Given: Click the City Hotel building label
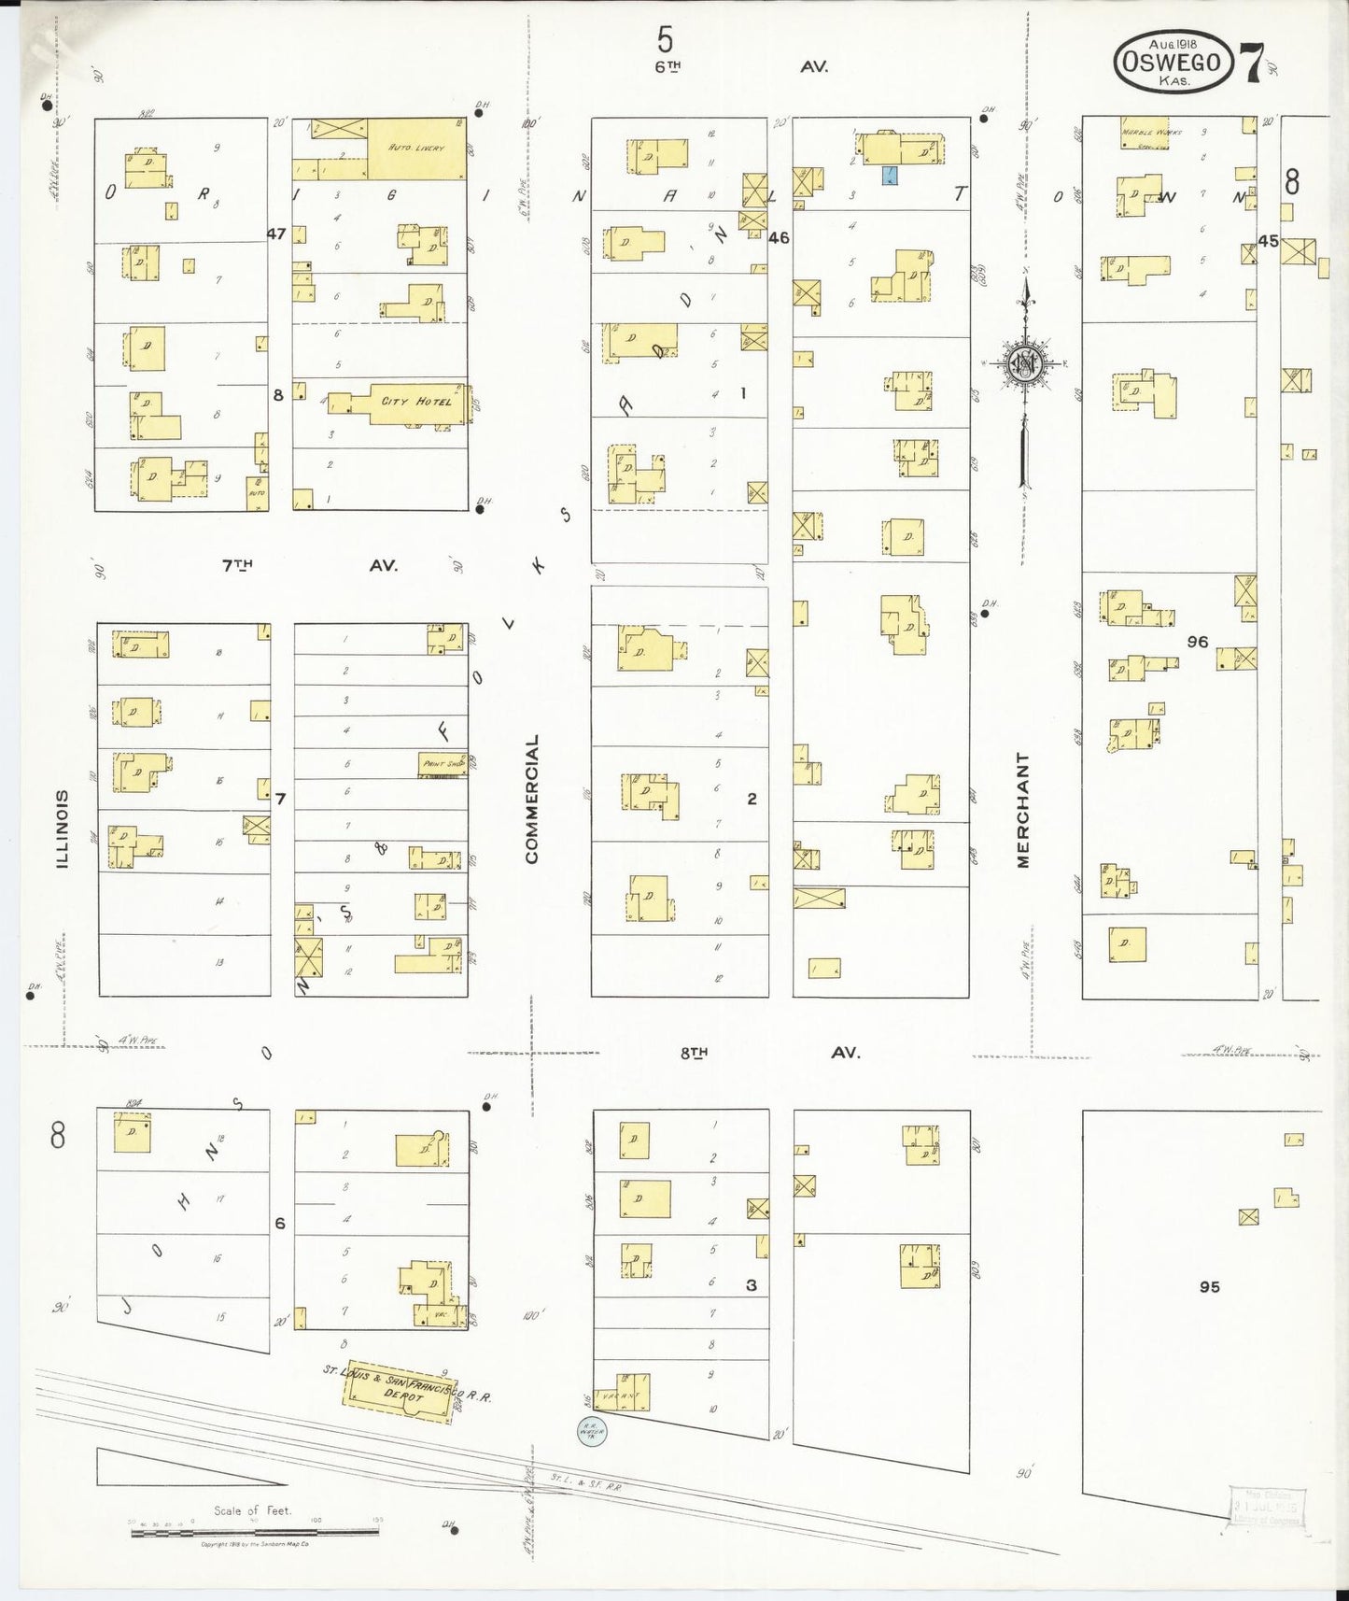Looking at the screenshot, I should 416,402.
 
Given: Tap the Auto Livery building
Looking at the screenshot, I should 415,149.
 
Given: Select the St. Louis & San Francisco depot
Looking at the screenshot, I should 400,1397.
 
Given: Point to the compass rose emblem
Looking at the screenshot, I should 1024,364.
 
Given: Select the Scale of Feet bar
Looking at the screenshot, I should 255,1533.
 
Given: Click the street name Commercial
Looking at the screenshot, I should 531,799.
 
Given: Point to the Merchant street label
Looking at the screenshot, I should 1023,811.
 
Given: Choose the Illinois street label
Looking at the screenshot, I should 63,829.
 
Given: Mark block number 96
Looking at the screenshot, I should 1197,642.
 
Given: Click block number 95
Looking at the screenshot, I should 1209,1286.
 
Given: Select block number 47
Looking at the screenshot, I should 276,234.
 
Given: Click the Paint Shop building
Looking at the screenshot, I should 443,763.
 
